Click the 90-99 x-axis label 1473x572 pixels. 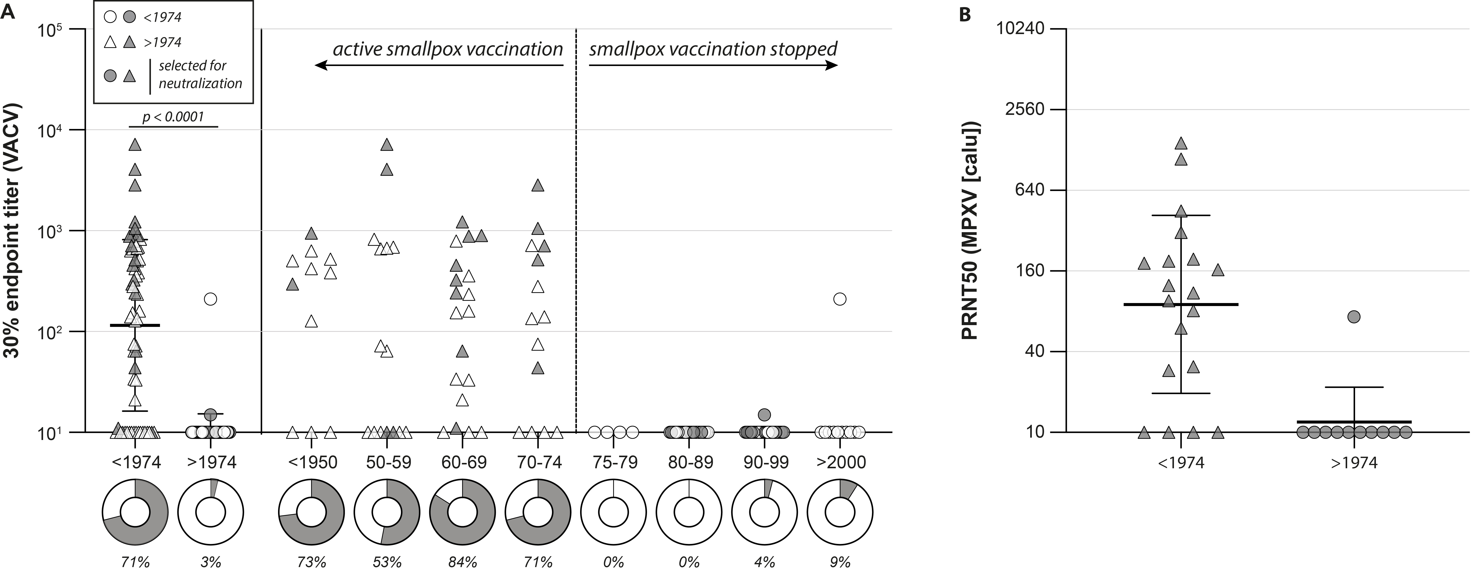pyautogui.click(x=765, y=462)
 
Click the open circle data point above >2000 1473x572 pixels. pyautogui.click(x=840, y=299)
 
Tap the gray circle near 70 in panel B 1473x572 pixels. pyautogui.click(x=1354, y=317)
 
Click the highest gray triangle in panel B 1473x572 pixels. pyautogui.click(x=1181, y=143)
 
